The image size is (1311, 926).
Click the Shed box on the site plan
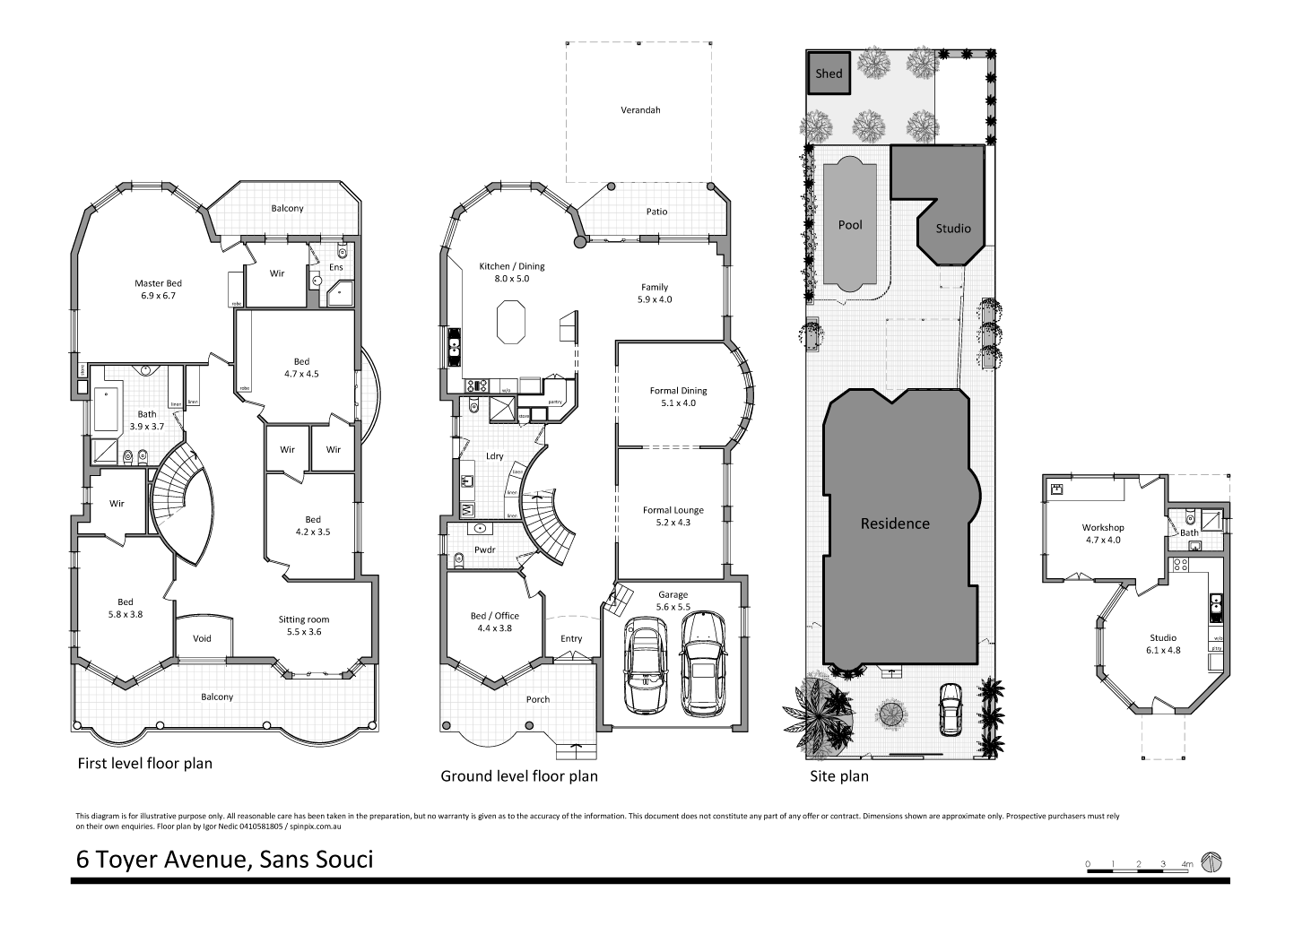pos(829,74)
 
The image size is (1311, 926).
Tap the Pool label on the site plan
pos(849,225)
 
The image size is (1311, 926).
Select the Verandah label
pos(640,110)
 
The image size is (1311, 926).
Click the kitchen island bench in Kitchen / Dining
pos(510,322)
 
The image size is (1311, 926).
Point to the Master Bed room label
pos(159,283)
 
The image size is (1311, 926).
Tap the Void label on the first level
pos(203,639)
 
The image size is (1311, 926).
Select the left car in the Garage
pos(645,664)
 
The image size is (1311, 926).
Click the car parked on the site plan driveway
pos(949,708)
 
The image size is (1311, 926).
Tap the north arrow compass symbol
pos(1211,861)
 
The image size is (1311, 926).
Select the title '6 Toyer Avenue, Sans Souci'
pos(224,860)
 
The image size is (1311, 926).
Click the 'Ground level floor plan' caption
pos(518,776)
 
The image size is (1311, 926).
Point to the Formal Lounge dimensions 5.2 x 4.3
pos(673,522)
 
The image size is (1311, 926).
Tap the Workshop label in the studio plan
pos(1102,528)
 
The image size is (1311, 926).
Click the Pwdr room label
pos(485,550)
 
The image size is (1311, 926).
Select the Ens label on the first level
pos(336,267)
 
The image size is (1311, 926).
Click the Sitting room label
pos(304,619)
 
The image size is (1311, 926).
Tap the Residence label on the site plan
pos(895,524)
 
